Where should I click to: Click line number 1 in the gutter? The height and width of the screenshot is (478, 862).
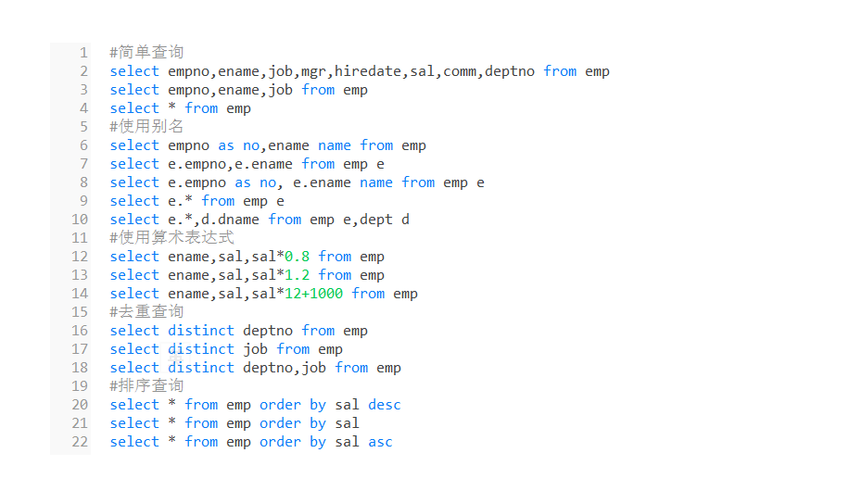pyautogui.click(x=83, y=53)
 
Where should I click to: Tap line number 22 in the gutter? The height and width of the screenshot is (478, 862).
pyautogui.click(x=80, y=442)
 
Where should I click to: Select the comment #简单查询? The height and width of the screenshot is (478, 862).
pyautogui.click(x=146, y=53)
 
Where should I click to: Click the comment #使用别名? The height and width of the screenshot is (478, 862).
pyautogui.click(x=146, y=127)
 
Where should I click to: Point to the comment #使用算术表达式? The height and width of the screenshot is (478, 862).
pyautogui.click(x=171, y=238)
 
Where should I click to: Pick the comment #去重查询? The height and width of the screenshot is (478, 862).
pyautogui.click(x=146, y=312)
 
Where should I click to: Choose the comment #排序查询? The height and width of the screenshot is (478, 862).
pyautogui.click(x=146, y=386)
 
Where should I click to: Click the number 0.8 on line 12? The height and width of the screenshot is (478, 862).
pyautogui.click(x=297, y=257)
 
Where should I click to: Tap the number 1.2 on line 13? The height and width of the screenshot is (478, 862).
pyautogui.click(x=297, y=275)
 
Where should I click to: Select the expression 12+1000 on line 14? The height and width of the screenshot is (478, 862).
pyautogui.click(x=313, y=294)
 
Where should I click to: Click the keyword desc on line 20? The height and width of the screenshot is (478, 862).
pyautogui.click(x=385, y=405)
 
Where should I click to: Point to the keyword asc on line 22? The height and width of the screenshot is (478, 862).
pyautogui.click(x=380, y=442)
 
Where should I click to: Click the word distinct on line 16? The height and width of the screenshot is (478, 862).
pyautogui.click(x=201, y=331)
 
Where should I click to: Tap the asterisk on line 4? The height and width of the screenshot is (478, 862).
pyautogui.click(x=172, y=108)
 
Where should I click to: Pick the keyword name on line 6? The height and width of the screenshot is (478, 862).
pyautogui.click(x=335, y=145)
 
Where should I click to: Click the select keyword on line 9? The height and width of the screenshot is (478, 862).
pyautogui.click(x=134, y=201)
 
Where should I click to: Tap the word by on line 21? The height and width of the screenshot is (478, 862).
pyautogui.click(x=318, y=423)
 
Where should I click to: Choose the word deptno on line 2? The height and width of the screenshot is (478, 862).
pyautogui.click(x=510, y=71)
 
